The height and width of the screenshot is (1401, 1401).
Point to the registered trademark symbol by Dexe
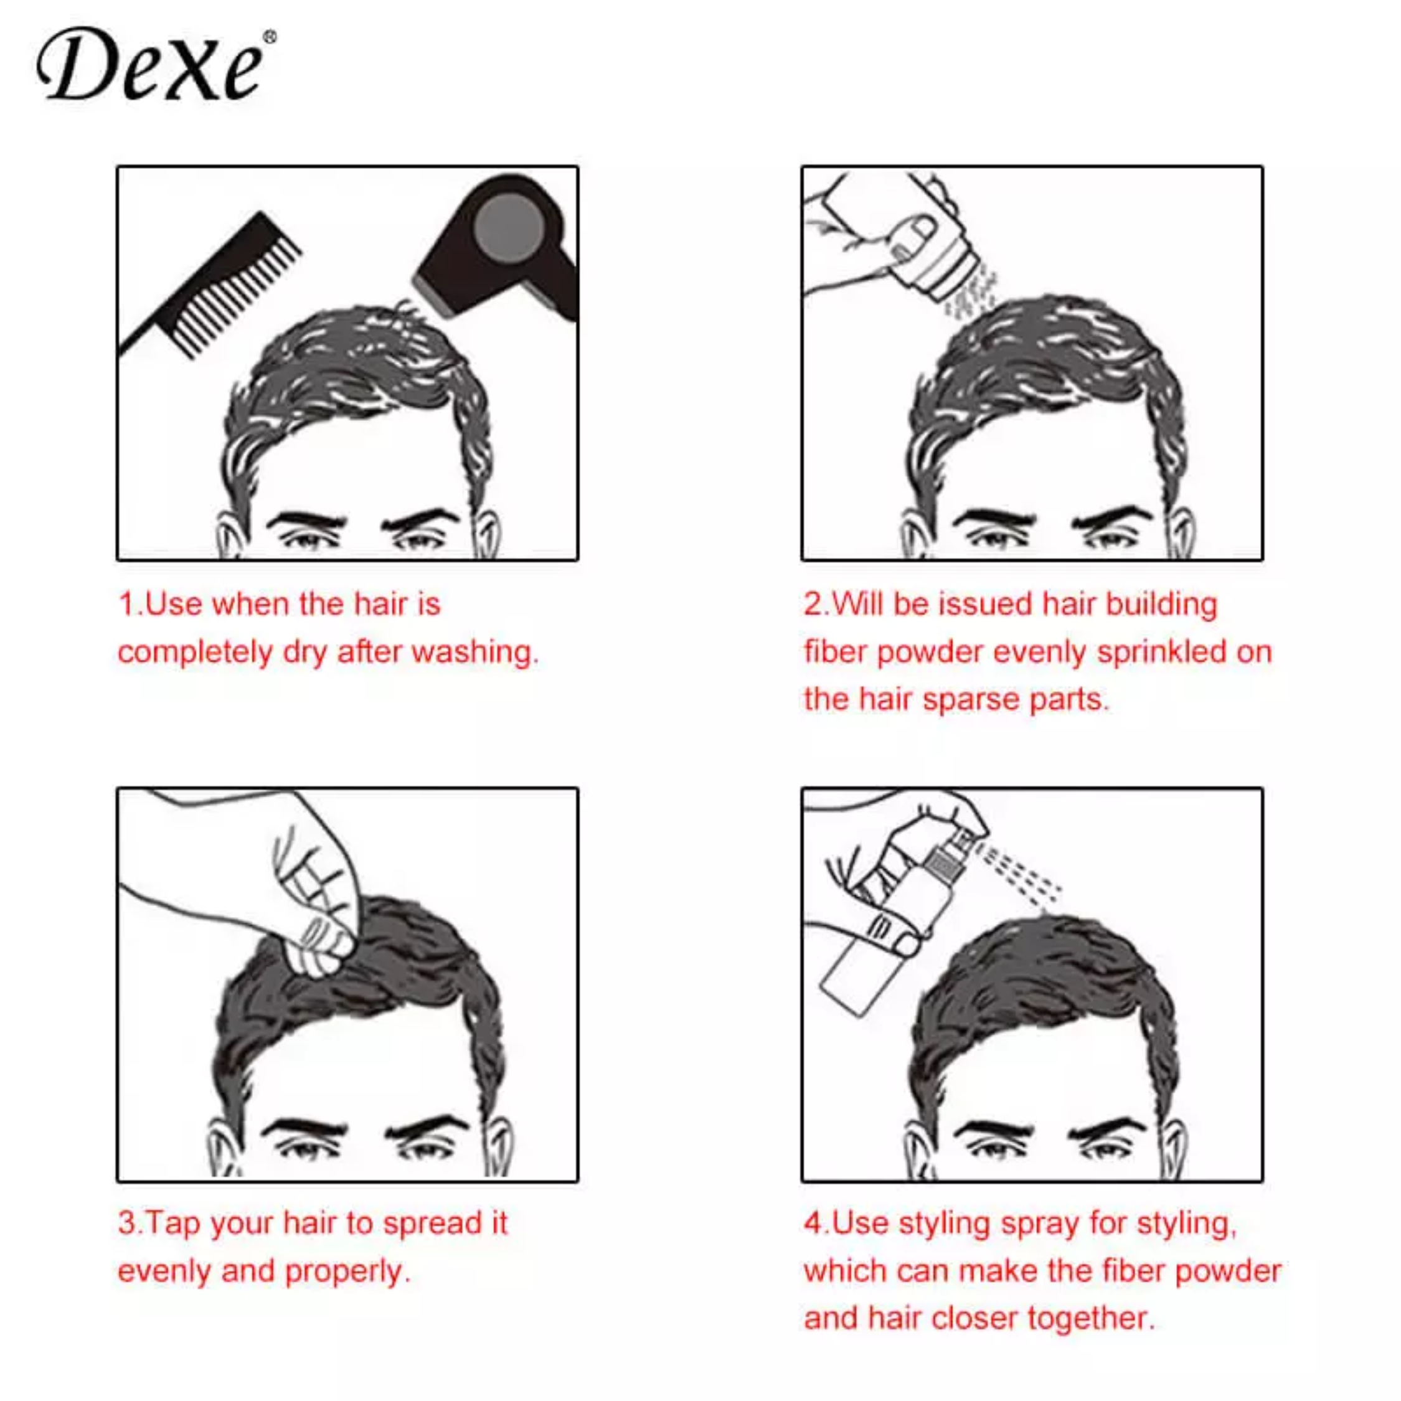270,37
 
